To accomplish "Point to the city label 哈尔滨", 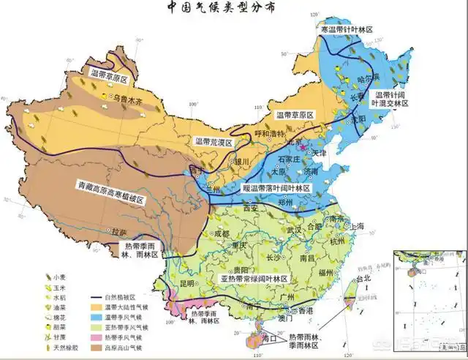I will [368, 78].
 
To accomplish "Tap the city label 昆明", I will [188, 282].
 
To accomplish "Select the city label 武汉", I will [293, 230].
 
